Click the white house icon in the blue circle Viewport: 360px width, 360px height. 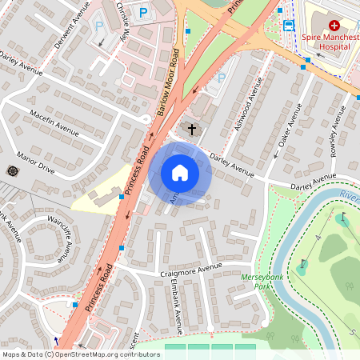tap(180, 173)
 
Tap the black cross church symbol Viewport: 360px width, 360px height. tap(191, 128)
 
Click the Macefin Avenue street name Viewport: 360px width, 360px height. tap(55, 121)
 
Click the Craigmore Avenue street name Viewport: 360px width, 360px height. tap(188, 270)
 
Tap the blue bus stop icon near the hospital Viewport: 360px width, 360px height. tap(288, 25)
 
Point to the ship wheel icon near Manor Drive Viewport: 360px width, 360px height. tap(12, 170)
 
